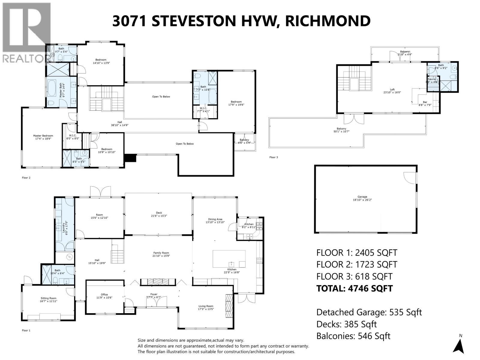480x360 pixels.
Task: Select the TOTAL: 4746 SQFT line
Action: tap(354, 288)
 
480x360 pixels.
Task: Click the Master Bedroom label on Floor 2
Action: tap(43, 137)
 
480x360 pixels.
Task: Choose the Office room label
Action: tap(104, 296)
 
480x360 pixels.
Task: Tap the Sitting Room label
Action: tap(48, 299)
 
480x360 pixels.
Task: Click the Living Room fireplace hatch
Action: tap(229, 307)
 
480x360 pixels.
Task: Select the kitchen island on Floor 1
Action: tap(229, 259)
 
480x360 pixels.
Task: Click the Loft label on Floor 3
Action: tap(392, 91)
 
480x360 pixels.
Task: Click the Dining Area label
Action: tap(215, 221)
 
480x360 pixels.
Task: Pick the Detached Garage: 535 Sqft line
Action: tap(369, 312)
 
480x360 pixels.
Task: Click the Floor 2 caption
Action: tap(26, 178)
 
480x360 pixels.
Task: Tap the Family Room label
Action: tap(161, 254)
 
